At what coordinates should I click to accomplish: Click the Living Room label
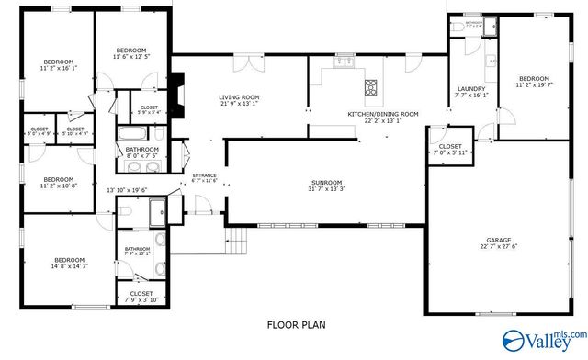point(239,100)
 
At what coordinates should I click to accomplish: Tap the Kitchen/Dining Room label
point(382,115)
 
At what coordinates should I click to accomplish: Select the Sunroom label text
point(326,186)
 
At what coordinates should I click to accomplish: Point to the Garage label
point(497,242)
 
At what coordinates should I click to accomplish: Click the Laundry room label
point(471,92)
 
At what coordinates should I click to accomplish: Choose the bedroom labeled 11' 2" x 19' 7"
point(534,84)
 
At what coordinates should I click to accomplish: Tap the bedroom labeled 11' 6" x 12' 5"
point(131,53)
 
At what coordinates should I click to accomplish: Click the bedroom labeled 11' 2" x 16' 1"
point(57,63)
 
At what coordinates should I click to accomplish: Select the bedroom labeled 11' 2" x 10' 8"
point(57,182)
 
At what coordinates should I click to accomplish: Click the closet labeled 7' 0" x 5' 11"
point(450,149)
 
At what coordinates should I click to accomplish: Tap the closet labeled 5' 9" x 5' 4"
point(148,110)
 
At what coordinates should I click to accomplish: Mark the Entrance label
point(203,177)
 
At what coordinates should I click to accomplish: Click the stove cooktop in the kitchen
point(370,88)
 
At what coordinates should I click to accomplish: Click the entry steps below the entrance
point(237,242)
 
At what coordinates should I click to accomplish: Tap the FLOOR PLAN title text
point(297,324)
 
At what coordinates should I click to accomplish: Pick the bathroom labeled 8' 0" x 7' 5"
point(142,152)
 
